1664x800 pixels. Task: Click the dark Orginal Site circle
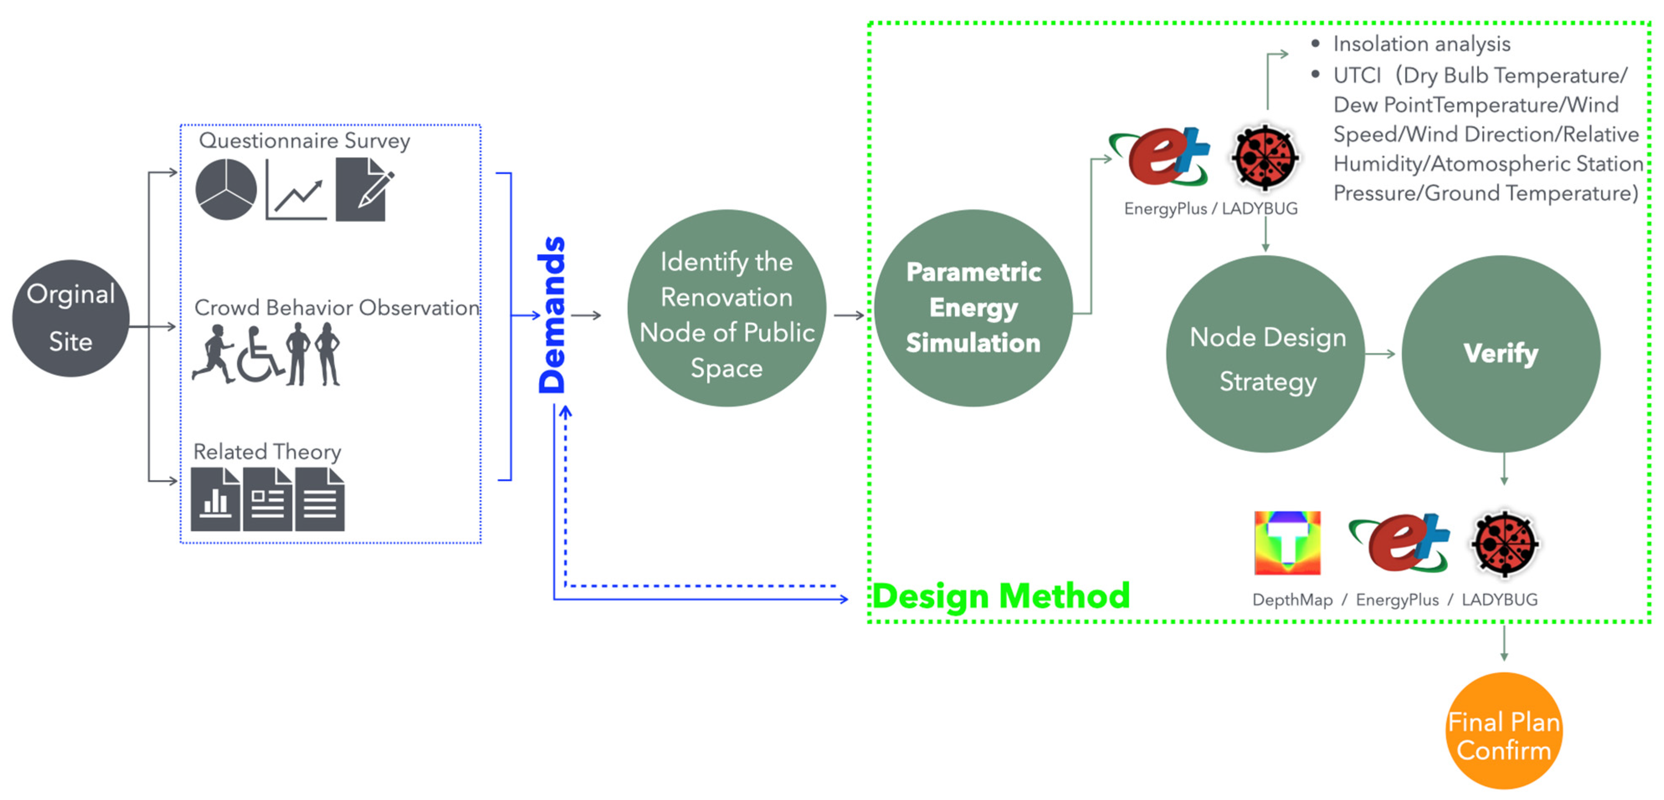click(70, 318)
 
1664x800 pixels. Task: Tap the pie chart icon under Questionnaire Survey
click(225, 189)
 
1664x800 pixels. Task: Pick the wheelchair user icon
click(259, 356)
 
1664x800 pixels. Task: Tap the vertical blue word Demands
click(552, 315)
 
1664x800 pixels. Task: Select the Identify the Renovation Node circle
click(726, 308)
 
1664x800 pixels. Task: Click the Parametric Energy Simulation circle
click(973, 308)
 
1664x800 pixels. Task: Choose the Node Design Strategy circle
click(1266, 354)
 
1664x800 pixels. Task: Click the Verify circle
click(1500, 354)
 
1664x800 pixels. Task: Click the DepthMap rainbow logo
click(1287, 543)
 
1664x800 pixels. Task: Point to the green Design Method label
click(1001, 595)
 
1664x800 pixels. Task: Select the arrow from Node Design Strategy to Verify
click(1380, 354)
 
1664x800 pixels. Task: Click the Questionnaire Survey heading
click(304, 141)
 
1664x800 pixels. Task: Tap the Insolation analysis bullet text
click(1421, 44)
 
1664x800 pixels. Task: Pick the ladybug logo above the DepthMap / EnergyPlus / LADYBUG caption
click(1505, 543)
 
